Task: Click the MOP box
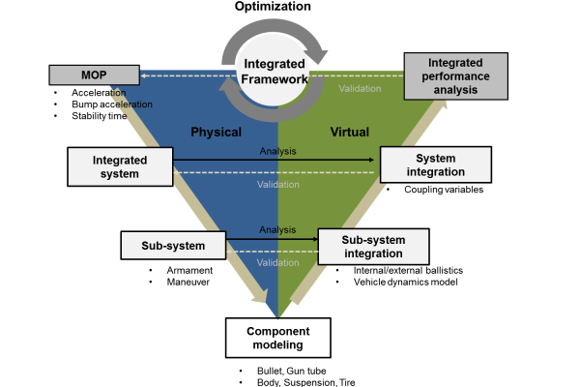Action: click(x=94, y=74)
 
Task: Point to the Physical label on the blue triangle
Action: click(x=215, y=132)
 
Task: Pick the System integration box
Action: click(x=435, y=164)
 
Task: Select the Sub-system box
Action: click(x=172, y=246)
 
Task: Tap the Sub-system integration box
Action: click(x=372, y=247)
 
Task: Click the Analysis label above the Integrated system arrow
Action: click(x=277, y=151)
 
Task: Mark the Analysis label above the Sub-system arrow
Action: click(x=277, y=229)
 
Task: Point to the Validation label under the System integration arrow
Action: click(x=276, y=184)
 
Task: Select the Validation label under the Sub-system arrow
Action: click(x=276, y=262)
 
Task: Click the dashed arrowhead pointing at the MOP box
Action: click(x=142, y=74)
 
